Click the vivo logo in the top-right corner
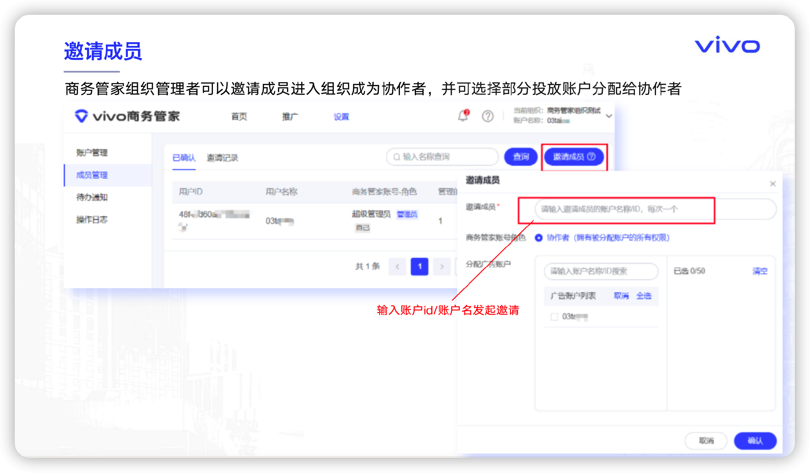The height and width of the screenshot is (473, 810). [727, 45]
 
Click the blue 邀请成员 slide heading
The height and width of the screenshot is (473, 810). [103, 51]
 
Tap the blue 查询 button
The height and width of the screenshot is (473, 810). [521, 157]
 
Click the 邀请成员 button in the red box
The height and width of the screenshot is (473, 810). [574, 157]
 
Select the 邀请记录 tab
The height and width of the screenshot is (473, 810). [222, 158]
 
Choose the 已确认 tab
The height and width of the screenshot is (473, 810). [184, 158]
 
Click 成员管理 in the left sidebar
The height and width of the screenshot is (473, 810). [92, 175]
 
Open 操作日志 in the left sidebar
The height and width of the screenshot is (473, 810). [92, 220]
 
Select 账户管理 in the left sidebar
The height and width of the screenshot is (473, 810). [92, 153]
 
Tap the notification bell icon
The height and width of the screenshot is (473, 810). [463, 116]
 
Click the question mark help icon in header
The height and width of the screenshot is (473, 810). [488, 116]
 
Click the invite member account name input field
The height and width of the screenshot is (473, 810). [624, 209]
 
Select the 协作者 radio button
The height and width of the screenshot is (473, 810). [539, 238]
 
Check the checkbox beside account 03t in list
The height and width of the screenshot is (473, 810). [554, 317]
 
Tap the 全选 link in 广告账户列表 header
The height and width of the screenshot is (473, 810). [644, 296]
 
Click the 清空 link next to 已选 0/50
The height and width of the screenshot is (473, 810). [760, 271]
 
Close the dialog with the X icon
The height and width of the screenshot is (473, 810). [773, 184]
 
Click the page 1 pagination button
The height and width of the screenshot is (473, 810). [419, 267]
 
